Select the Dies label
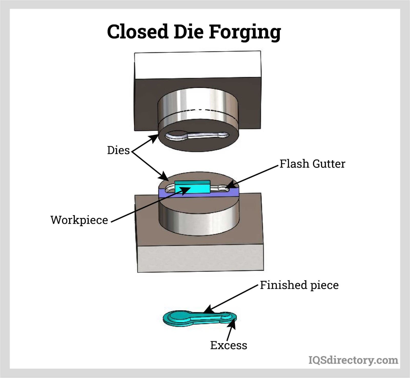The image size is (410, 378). click(x=118, y=150)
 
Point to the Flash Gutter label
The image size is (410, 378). click(x=312, y=164)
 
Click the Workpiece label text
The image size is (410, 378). click(x=79, y=220)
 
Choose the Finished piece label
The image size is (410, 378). click(x=299, y=285)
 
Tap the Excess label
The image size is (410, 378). click(x=229, y=345)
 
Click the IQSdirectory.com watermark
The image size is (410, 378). click(x=353, y=360)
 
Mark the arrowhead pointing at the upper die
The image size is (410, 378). click(x=155, y=138)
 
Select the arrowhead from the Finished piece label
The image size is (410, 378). click(x=208, y=310)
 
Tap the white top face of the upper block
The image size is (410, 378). click(x=197, y=65)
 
